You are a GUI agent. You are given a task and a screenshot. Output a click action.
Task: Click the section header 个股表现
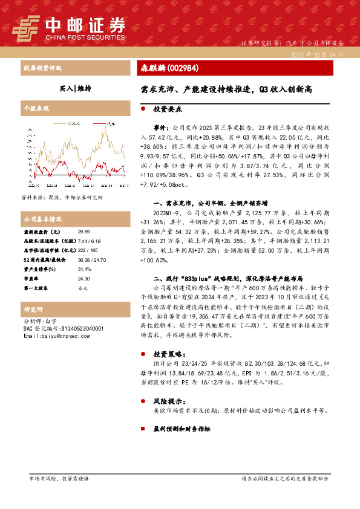(x=36, y=109)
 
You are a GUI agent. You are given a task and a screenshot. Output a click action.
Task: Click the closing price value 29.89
(x=83, y=232)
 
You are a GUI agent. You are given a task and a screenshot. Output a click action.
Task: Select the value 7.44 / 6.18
(x=88, y=240)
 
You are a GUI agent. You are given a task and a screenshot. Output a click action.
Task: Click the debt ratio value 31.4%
(x=84, y=269)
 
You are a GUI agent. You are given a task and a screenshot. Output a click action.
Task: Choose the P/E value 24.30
(x=83, y=279)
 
